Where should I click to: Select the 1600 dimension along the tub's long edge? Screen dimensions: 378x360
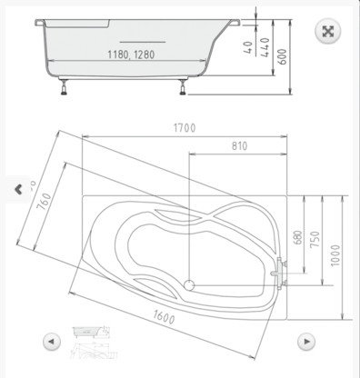point(165,317)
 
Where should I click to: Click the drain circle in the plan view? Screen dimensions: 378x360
point(190,285)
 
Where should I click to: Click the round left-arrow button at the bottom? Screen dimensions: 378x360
point(52,343)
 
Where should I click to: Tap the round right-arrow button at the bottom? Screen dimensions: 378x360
point(308,343)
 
